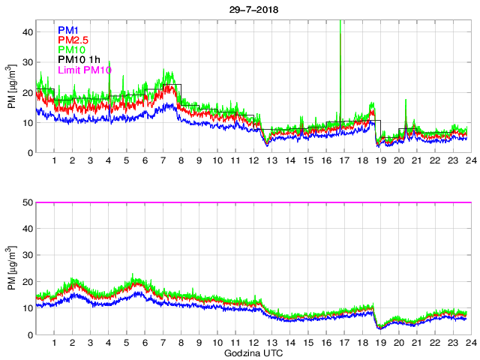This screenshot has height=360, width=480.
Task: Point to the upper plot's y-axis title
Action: (x=11, y=87)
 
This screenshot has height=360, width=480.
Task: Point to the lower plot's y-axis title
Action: (x=11, y=269)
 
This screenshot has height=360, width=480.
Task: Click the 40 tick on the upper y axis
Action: (x=27, y=32)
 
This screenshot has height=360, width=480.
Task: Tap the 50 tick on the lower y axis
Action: (x=27, y=202)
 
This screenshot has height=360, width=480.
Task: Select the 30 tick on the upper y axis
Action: (x=27, y=62)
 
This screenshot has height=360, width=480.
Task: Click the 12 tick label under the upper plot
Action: (x=253, y=161)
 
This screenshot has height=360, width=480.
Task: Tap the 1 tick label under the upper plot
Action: (x=55, y=161)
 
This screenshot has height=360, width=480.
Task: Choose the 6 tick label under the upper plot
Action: (x=145, y=161)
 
